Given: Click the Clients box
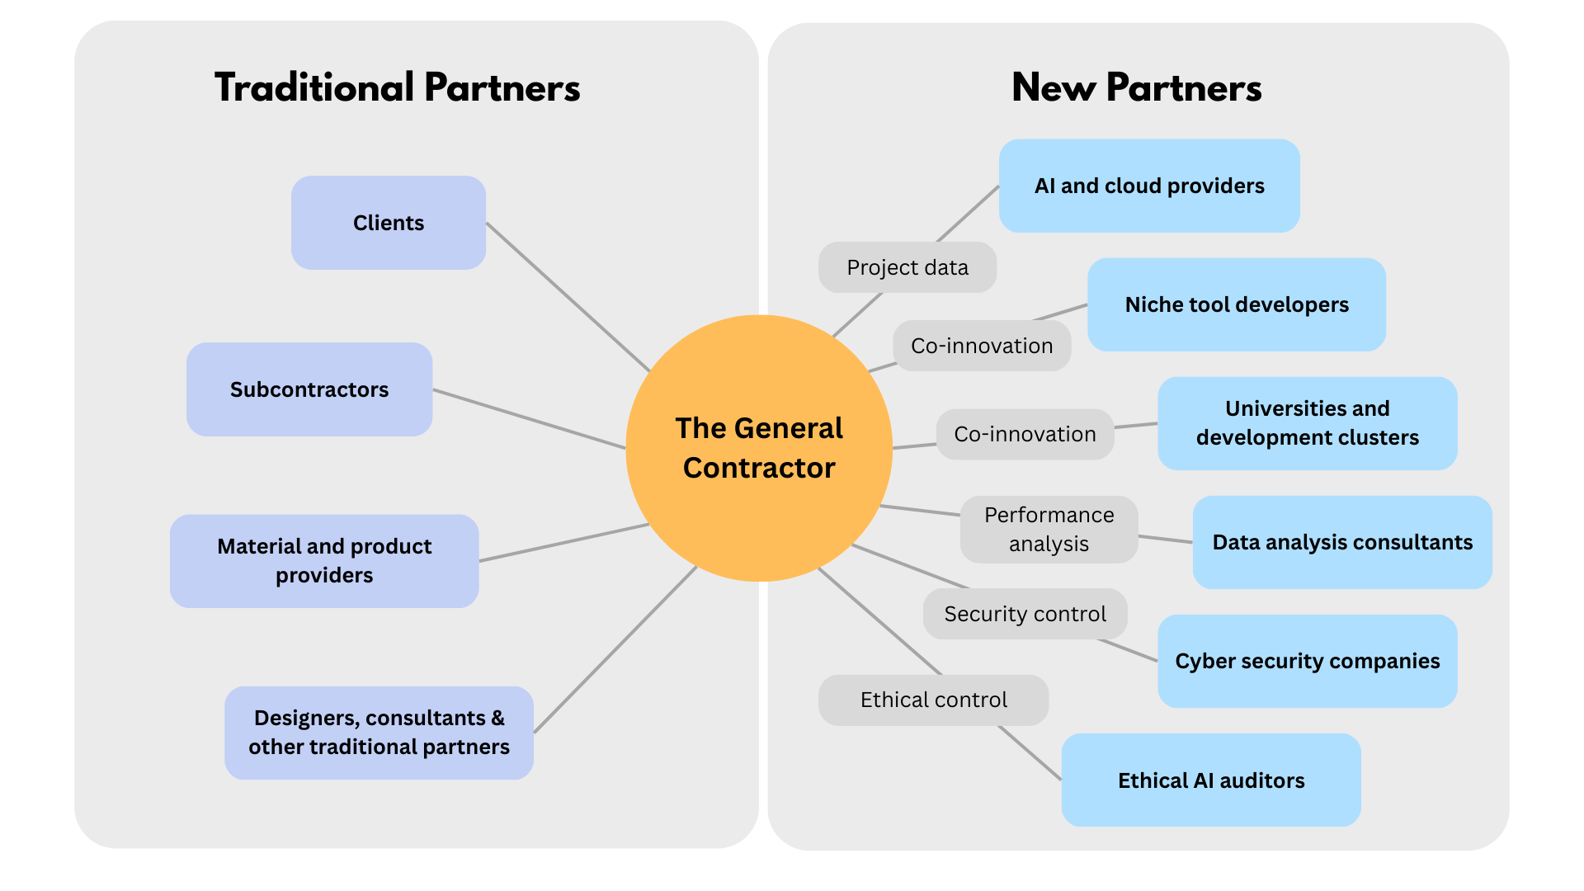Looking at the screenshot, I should click(x=388, y=223).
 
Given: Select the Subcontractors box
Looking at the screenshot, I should click(x=309, y=389).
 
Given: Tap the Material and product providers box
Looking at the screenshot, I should click(x=324, y=561).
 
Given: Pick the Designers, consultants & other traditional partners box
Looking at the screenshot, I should click(x=379, y=733).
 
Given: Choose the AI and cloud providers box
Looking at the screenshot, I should click(x=1149, y=186).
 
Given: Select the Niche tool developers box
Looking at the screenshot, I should click(x=1236, y=304).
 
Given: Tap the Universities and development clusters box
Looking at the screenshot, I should click(x=1307, y=423).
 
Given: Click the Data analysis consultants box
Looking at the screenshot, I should click(x=1342, y=542).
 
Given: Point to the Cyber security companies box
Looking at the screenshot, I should click(x=1307, y=661).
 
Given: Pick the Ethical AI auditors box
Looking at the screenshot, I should click(x=1210, y=780).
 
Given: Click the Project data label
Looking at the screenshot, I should click(x=907, y=267).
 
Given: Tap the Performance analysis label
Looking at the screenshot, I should click(x=1049, y=530).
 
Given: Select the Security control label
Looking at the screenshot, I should click(x=1025, y=614).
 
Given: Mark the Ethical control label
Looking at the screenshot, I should click(x=933, y=700).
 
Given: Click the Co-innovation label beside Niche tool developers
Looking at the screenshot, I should click(x=982, y=346).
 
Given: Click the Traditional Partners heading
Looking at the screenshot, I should click(x=397, y=87).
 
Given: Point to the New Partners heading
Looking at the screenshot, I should click(x=1136, y=87).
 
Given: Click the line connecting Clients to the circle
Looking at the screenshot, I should click(x=569, y=298).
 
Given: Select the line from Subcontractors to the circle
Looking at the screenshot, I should click(x=528, y=419).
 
